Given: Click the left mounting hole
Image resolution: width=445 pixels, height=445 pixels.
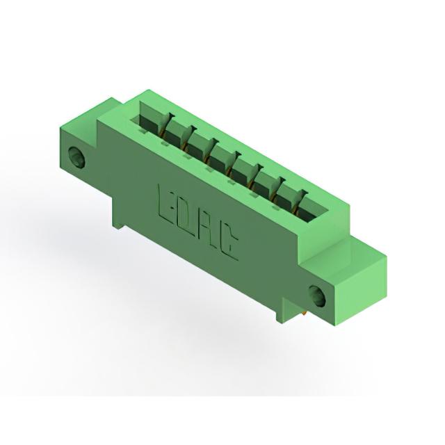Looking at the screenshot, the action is pyautogui.click(x=77, y=156).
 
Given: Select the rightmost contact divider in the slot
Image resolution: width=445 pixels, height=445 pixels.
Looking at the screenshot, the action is pyautogui.click(x=300, y=201).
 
